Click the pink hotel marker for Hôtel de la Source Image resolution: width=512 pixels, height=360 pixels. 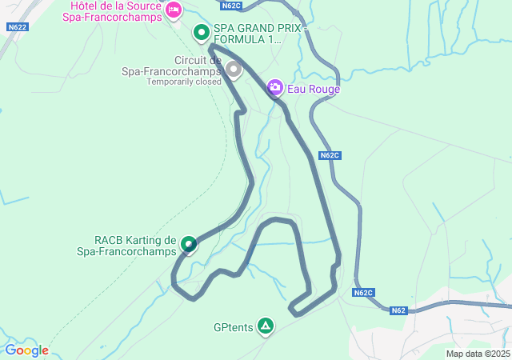tap(174, 10)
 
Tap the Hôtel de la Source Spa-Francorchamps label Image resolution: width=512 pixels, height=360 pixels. tap(112, 10)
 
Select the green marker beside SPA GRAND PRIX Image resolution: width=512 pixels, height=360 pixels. tap(202, 33)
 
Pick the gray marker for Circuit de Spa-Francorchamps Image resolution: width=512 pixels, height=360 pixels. tap(234, 70)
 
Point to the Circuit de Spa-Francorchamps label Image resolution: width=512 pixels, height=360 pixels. tap(171, 66)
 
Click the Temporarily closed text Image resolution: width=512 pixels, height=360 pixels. tap(184, 82)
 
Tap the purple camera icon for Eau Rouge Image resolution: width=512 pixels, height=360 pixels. tap(275, 86)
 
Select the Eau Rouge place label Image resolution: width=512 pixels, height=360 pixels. tap(314, 89)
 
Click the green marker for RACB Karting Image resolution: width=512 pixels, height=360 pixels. tap(189, 243)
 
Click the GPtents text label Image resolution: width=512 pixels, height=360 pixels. tap(233, 327)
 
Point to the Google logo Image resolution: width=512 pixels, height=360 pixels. tap(26, 350)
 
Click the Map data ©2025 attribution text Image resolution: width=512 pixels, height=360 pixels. tap(478, 354)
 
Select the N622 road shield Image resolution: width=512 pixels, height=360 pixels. tap(18, 26)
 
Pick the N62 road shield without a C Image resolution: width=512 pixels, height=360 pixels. tap(399, 310)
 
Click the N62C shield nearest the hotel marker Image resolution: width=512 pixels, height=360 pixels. tap(231, 5)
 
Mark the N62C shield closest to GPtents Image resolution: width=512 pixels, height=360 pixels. tap(363, 293)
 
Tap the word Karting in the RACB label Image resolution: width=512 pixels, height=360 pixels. tap(145, 240)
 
